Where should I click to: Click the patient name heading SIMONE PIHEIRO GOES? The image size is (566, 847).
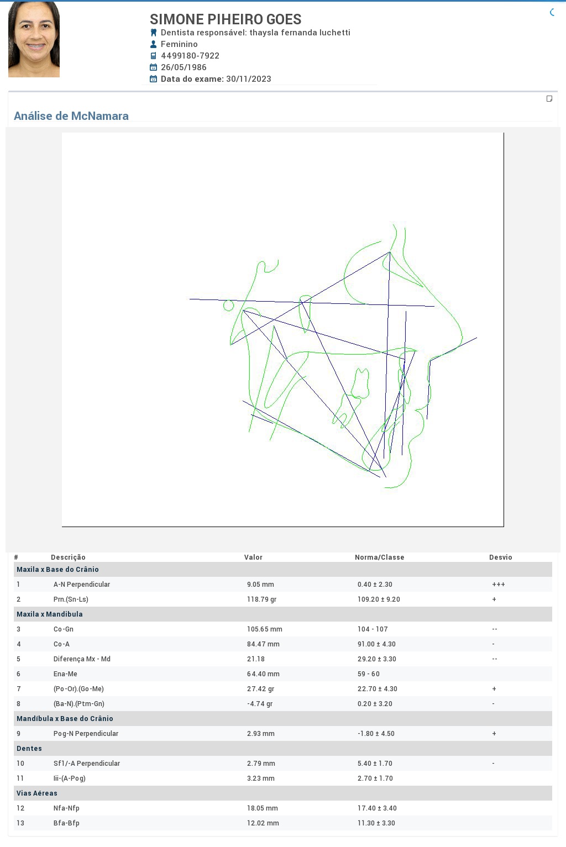click(x=226, y=19)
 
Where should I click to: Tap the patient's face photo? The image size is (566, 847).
click(x=34, y=39)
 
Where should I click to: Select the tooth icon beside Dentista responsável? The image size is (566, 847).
click(x=153, y=33)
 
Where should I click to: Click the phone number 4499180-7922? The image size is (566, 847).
click(x=190, y=56)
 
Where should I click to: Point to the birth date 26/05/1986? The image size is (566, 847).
click(x=184, y=67)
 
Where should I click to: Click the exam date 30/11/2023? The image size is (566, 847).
click(x=249, y=79)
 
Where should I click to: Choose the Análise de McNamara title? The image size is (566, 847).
click(x=71, y=115)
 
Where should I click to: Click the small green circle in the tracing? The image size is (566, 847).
click(x=228, y=305)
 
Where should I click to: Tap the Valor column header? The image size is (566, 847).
click(x=253, y=557)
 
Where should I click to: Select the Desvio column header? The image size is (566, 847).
click(x=501, y=557)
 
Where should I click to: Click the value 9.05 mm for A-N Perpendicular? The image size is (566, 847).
click(x=260, y=584)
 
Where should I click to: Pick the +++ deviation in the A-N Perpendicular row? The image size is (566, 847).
click(x=498, y=584)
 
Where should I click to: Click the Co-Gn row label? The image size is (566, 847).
click(x=63, y=629)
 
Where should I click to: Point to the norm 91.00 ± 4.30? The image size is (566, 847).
click(x=376, y=644)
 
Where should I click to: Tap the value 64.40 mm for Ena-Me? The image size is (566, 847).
click(x=263, y=674)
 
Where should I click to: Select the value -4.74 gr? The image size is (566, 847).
click(x=260, y=704)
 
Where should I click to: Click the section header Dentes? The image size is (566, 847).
click(x=29, y=748)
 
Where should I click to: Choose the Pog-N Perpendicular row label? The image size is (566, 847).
click(x=86, y=734)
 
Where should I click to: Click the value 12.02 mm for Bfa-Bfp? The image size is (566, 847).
click(x=263, y=823)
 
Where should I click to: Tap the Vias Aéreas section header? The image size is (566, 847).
click(x=36, y=793)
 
